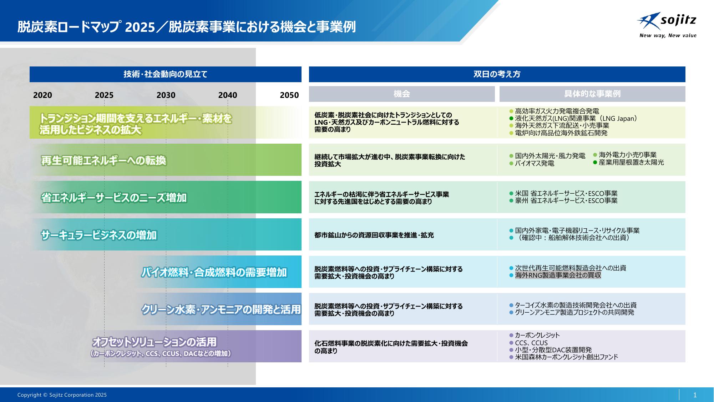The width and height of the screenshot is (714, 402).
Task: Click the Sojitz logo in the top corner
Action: tap(667, 25)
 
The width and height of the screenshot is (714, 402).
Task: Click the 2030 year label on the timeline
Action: tap(166, 95)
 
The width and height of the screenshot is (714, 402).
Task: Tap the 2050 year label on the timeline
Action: tap(289, 95)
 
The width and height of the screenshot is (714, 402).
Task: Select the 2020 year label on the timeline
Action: tap(42, 95)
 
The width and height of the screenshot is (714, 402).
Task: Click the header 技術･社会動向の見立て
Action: tap(166, 74)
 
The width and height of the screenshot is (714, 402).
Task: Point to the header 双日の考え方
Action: tap(497, 74)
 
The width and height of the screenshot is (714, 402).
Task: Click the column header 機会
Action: tap(402, 94)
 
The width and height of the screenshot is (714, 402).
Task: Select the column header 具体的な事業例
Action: tap(592, 94)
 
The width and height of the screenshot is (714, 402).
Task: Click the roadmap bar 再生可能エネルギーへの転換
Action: tap(166, 160)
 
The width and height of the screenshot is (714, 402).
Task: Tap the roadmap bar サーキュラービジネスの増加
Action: tap(166, 234)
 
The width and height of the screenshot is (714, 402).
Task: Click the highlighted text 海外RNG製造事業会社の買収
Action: tap(558, 275)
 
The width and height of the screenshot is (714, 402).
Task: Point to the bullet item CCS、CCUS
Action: tap(531, 343)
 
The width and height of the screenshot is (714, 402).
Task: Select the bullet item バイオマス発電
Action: tap(535, 163)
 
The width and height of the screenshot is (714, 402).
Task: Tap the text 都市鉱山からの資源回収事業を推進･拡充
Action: tap(374, 235)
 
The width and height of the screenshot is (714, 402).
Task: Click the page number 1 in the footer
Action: tap(695, 395)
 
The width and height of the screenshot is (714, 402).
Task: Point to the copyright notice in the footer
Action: tap(62, 395)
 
